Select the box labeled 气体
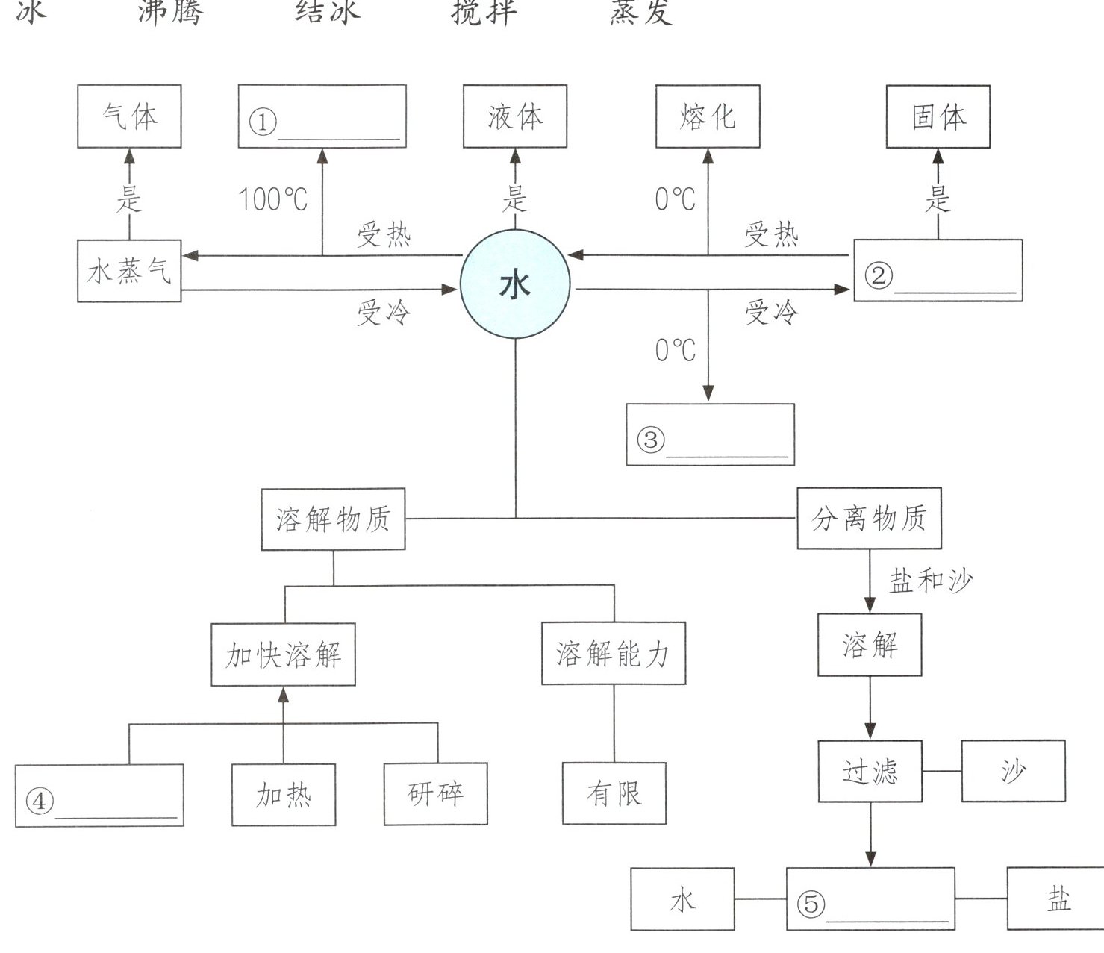pos(129,116)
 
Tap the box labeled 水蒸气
pos(129,271)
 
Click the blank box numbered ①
pos(322,116)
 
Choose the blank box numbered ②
pos(938,271)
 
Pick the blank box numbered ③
pos(710,435)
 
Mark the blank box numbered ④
pos(99,796)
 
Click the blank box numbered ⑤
pos(870,899)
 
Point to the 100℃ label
pos(272,199)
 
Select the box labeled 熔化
pos(708,116)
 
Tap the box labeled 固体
pos(938,116)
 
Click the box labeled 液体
pos(515,116)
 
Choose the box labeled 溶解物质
pos(333,519)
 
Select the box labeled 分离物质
pos(869,518)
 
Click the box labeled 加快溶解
pos(283,654)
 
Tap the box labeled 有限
pos(614,793)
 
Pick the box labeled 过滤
pos(870,771)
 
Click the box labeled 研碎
pos(436,793)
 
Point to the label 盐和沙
pos(931,580)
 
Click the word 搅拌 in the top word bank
pos(484,13)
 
